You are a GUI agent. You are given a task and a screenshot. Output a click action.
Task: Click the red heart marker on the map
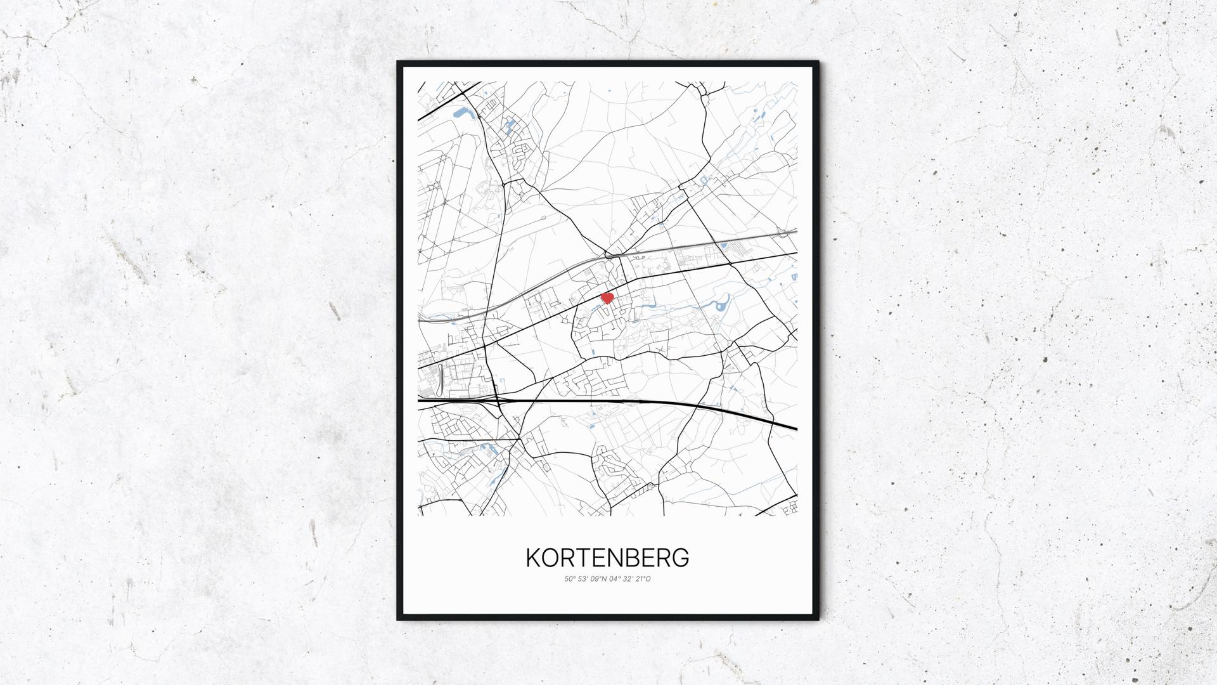[x=607, y=297]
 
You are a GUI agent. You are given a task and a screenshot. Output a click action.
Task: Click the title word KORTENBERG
[x=607, y=558]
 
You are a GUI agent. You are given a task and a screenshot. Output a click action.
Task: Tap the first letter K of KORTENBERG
[x=533, y=558]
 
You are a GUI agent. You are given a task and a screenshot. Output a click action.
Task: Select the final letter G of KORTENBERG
[x=681, y=558]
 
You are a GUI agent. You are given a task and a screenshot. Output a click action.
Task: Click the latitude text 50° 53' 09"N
[x=584, y=578]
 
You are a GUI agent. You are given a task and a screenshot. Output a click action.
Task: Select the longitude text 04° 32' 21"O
[x=629, y=578]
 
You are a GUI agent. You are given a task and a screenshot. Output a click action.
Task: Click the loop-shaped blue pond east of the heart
[x=721, y=308]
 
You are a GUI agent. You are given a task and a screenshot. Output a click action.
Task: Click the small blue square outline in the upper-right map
[x=704, y=181]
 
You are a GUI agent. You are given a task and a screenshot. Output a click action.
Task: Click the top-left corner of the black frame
[x=398, y=62]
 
